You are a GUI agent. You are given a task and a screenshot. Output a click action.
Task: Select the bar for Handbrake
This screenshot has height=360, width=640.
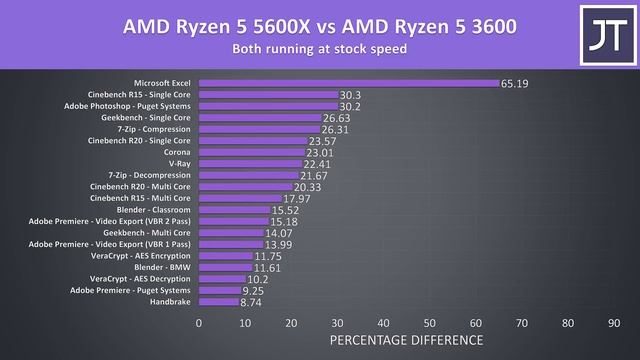(x=219, y=301)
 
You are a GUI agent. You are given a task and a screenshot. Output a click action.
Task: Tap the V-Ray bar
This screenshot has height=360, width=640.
(x=250, y=164)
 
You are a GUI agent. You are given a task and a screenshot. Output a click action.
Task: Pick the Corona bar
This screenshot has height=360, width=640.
(x=252, y=152)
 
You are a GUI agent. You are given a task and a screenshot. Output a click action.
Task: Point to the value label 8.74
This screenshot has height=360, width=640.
(x=252, y=301)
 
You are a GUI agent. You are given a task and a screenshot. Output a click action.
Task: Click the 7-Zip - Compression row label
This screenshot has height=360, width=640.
(x=156, y=129)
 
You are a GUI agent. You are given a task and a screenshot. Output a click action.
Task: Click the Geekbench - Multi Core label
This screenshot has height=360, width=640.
(x=147, y=232)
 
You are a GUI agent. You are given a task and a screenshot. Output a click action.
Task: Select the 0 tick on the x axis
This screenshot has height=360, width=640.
(x=199, y=323)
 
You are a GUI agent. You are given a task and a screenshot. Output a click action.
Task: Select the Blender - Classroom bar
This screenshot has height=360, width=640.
(x=235, y=209)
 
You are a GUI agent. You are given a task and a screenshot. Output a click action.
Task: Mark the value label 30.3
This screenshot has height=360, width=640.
(x=352, y=95)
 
